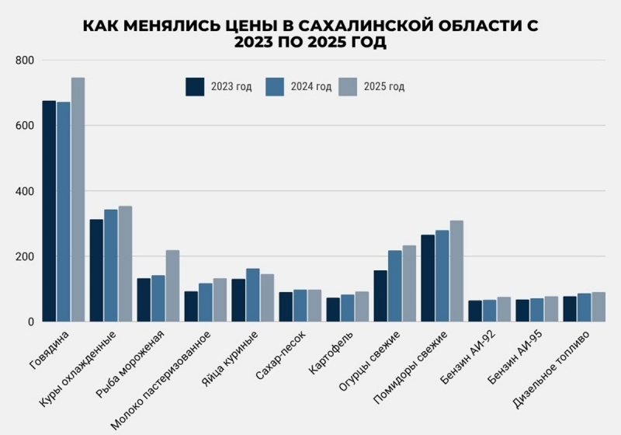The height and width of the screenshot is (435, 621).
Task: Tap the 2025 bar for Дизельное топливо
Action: (598, 307)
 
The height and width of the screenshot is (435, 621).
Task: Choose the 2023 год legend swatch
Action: (195, 86)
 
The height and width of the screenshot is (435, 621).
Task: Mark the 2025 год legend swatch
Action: (347, 86)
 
